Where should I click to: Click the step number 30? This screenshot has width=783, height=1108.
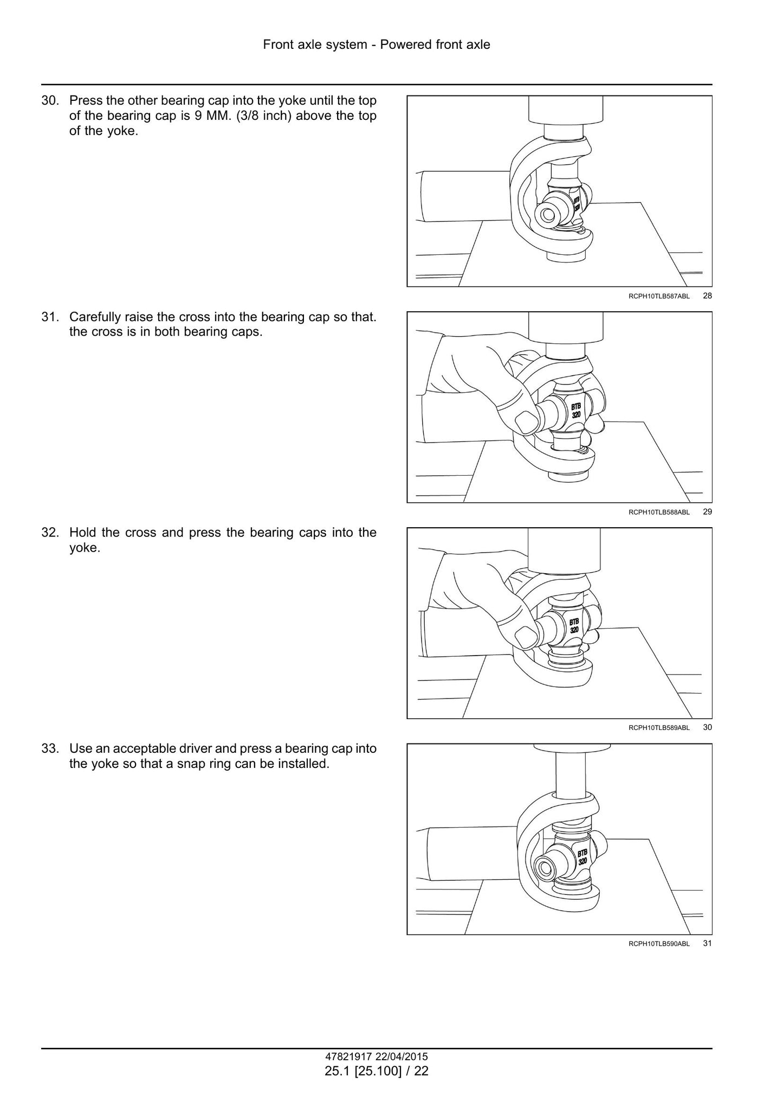click(x=50, y=101)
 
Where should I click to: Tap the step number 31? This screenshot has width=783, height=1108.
click(x=50, y=317)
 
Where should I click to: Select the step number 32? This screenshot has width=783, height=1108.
click(x=50, y=533)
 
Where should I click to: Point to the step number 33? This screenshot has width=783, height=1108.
click(x=50, y=748)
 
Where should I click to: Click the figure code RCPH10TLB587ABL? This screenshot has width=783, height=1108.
click(x=659, y=296)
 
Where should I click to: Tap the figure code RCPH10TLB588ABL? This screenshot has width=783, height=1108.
click(x=659, y=512)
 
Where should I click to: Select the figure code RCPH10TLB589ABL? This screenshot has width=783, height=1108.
click(x=659, y=728)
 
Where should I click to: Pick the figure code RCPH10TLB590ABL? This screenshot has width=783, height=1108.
click(x=659, y=944)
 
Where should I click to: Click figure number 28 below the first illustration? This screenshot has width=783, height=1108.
click(x=707, y=296)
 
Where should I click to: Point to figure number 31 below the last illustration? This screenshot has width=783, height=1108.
click(x=707, y=943)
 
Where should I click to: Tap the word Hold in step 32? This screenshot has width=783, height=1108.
click(x=82, y=533)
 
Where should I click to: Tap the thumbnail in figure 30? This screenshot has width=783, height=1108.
click(x=525, y=636)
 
